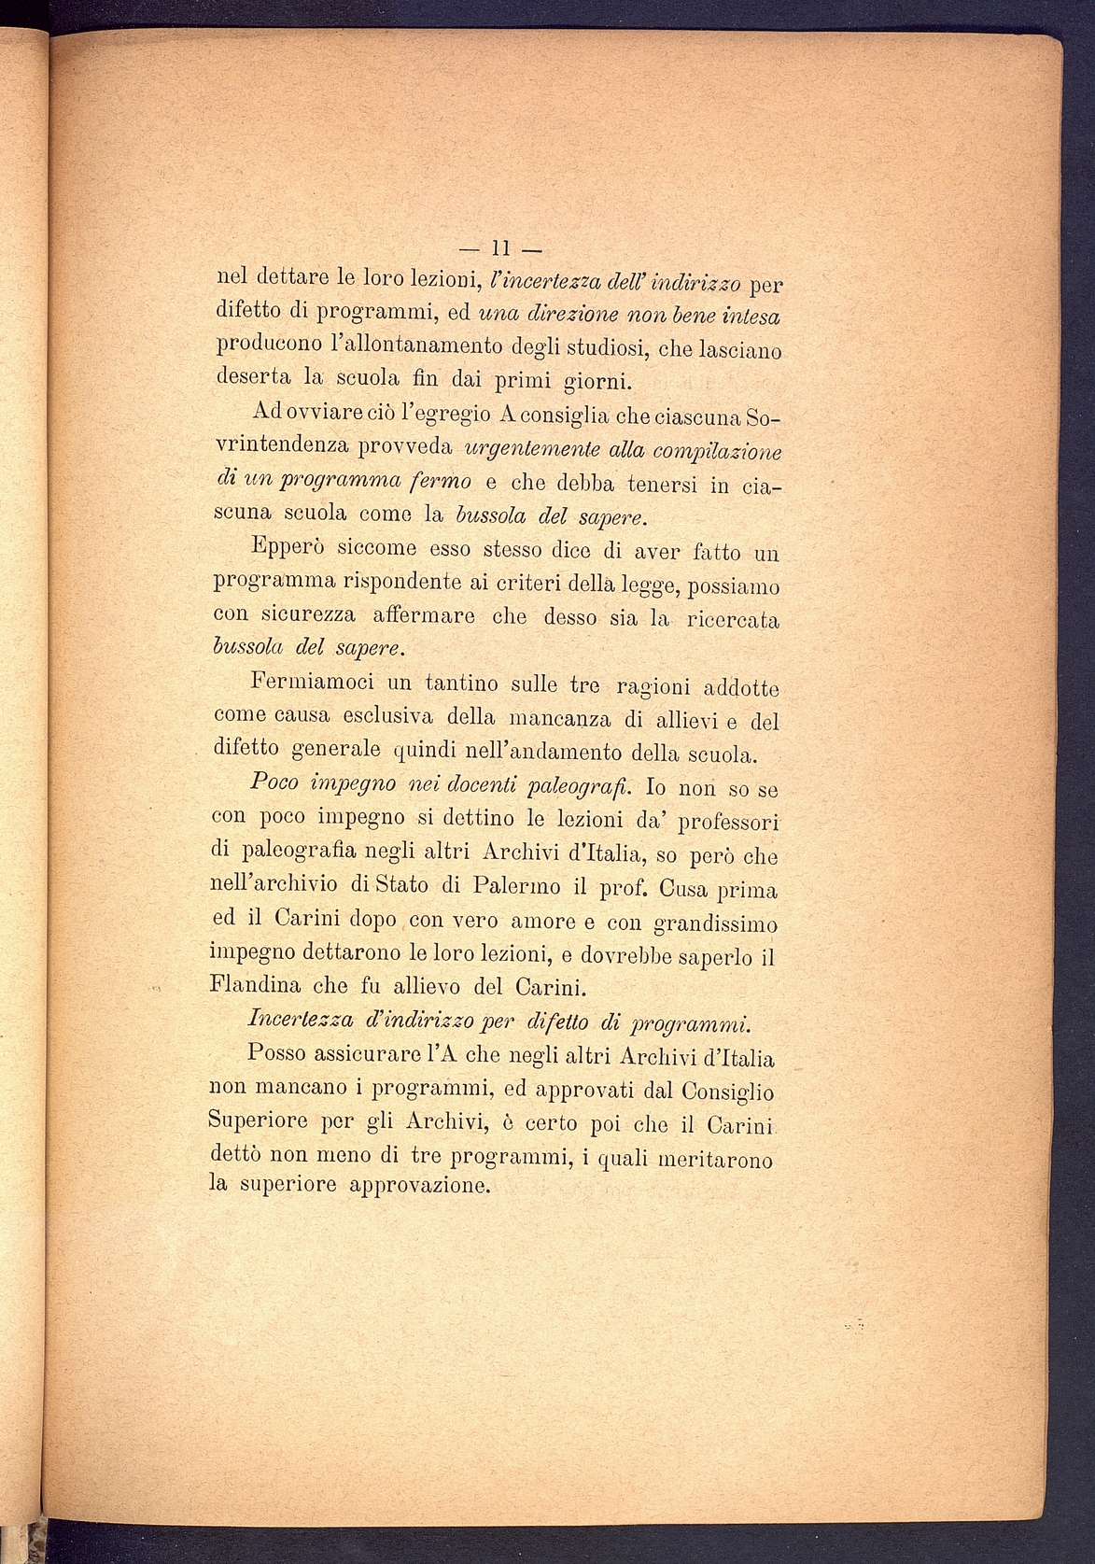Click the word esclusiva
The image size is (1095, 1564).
[360, 718]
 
